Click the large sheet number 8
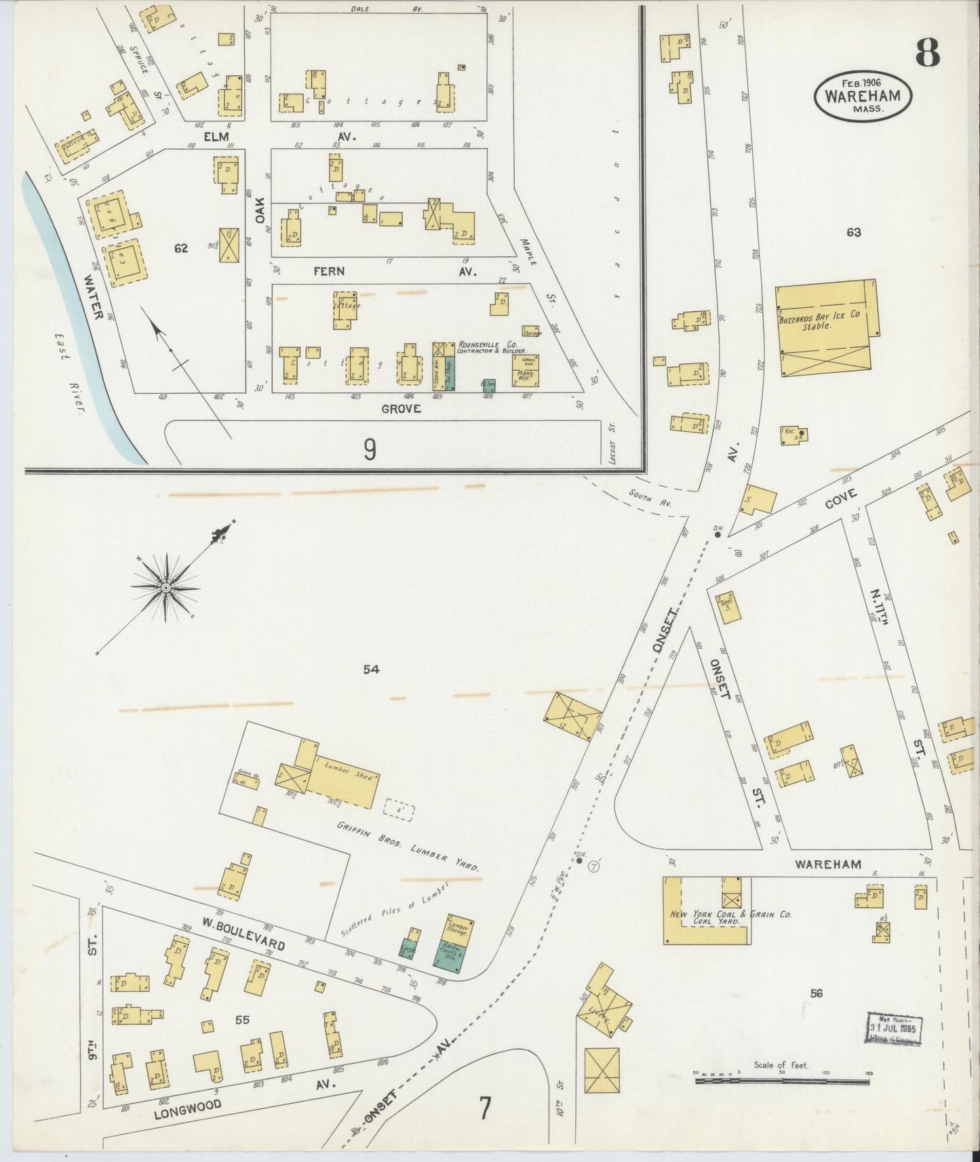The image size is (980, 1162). [x=927, y=52]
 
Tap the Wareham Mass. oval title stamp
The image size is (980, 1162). [x=862, y=96]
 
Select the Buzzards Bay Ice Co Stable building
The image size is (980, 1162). [x=825, y=327]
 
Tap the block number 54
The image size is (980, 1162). [x=370, y=670]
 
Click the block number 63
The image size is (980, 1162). [x=853, y=232]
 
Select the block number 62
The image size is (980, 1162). [x=180, y=248]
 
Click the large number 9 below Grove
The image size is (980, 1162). [x=370, y=449]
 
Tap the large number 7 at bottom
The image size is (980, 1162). [x=484, y=1109]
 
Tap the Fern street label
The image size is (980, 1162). [x=329, y=271]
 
